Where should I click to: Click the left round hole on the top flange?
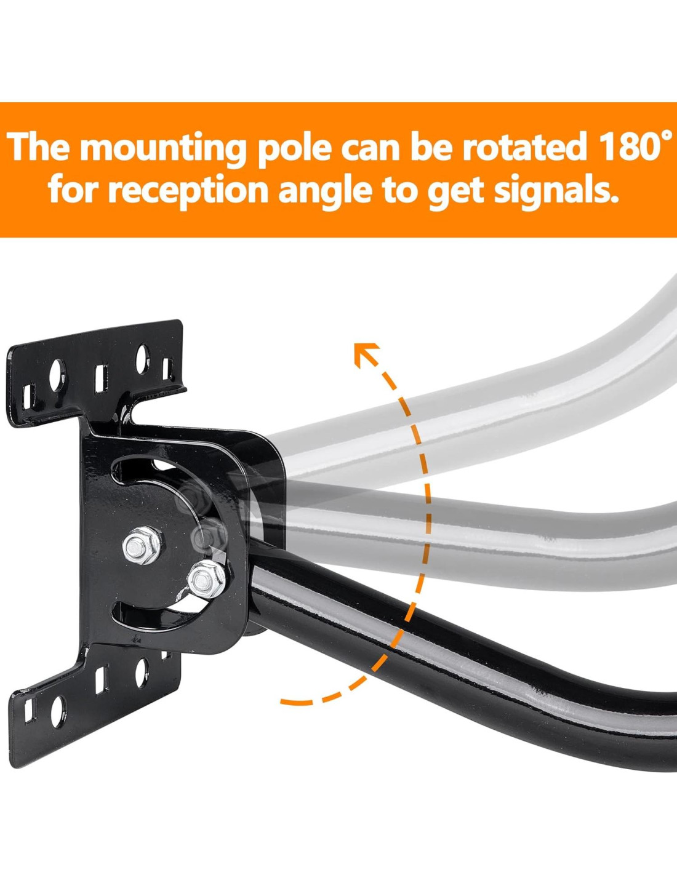tap(57, 374)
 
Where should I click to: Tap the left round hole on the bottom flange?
tap(57, 711)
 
